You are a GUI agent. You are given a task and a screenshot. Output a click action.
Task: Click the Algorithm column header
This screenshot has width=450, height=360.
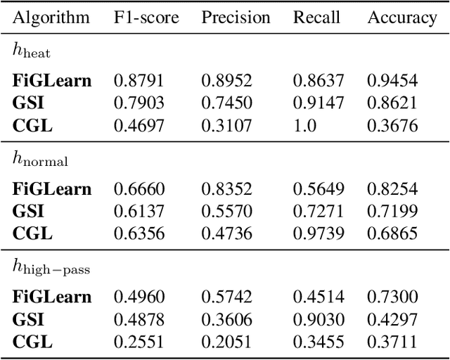(51, 18)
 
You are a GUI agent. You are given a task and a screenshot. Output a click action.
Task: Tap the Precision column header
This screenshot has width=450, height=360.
(236, 18)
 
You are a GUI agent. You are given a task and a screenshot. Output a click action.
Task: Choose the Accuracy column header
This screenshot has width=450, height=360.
(401, 18)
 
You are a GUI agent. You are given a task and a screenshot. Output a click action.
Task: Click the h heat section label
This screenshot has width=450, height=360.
(31, 50)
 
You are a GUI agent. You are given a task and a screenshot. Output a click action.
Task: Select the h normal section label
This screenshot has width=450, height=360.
(41, 159)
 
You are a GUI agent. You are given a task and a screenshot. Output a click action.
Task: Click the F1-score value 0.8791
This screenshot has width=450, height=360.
(139, 81)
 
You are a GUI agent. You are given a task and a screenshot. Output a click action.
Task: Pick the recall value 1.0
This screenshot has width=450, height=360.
(305, 127)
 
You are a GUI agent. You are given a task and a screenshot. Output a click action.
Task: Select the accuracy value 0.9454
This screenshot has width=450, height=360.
(392, 81)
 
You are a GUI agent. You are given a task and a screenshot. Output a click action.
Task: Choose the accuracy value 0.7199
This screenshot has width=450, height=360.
(392, 212)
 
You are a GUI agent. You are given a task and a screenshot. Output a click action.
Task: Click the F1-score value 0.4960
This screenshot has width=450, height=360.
(139, 297)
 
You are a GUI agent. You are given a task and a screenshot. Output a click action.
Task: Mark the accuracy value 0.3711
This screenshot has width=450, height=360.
(392, 343)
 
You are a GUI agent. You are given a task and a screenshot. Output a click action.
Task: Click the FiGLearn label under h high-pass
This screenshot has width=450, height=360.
(52, 297)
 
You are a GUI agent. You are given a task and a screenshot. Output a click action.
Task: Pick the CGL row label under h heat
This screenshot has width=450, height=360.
(32, 127)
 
